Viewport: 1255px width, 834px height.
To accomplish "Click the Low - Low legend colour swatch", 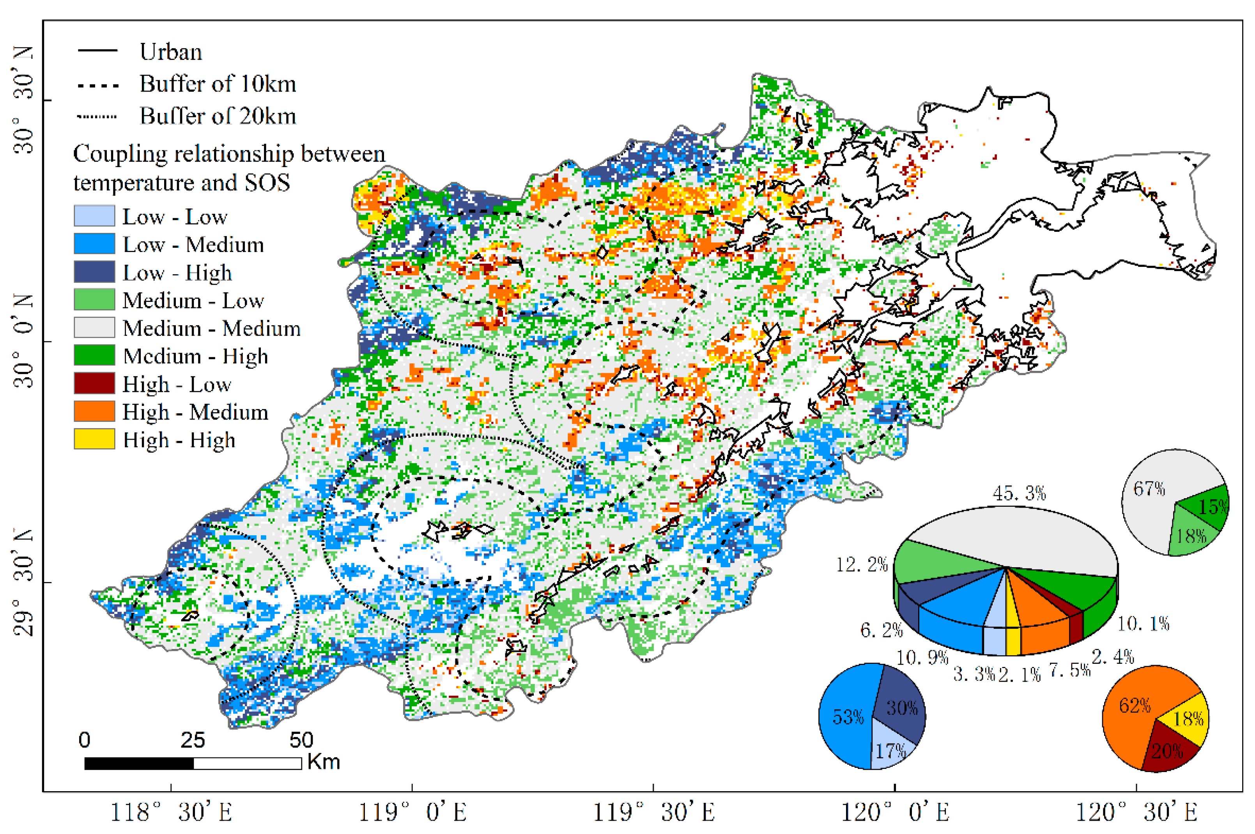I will click(94, 216).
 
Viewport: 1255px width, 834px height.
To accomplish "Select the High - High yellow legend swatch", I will click(94, 439).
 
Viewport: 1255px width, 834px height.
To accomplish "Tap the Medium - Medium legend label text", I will click(211, 328).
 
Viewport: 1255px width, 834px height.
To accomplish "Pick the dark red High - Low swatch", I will click(94, 383).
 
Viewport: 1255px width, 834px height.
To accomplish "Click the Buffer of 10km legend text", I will click(218, 84).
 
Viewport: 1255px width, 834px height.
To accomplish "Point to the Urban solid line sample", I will click(97, 51).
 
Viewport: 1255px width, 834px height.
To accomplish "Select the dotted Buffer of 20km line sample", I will click(97, 116).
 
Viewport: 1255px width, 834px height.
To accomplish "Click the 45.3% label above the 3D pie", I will click(1019, 494).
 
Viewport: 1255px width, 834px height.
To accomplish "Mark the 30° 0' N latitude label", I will click(23, 340).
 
